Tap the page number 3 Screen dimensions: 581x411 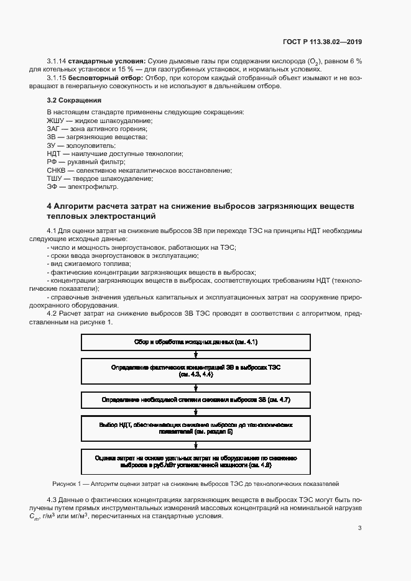tap(359, 529)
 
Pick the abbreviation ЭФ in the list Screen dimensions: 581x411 tap(52, 186)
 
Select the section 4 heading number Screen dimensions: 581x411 tap(49, 206)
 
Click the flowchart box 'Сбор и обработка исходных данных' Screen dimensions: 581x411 tap(196, 342)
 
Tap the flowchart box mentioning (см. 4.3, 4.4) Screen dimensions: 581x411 tap(196, 371)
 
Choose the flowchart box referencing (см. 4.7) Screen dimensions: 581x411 tap(196, 400)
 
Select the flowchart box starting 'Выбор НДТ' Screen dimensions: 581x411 tap(196, 428)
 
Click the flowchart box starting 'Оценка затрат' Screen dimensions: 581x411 tap(196, 461)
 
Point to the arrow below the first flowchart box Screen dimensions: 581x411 tap(196, 355)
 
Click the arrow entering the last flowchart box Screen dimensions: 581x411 tap(196, 444)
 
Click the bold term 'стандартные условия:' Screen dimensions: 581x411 tap(106, 60)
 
